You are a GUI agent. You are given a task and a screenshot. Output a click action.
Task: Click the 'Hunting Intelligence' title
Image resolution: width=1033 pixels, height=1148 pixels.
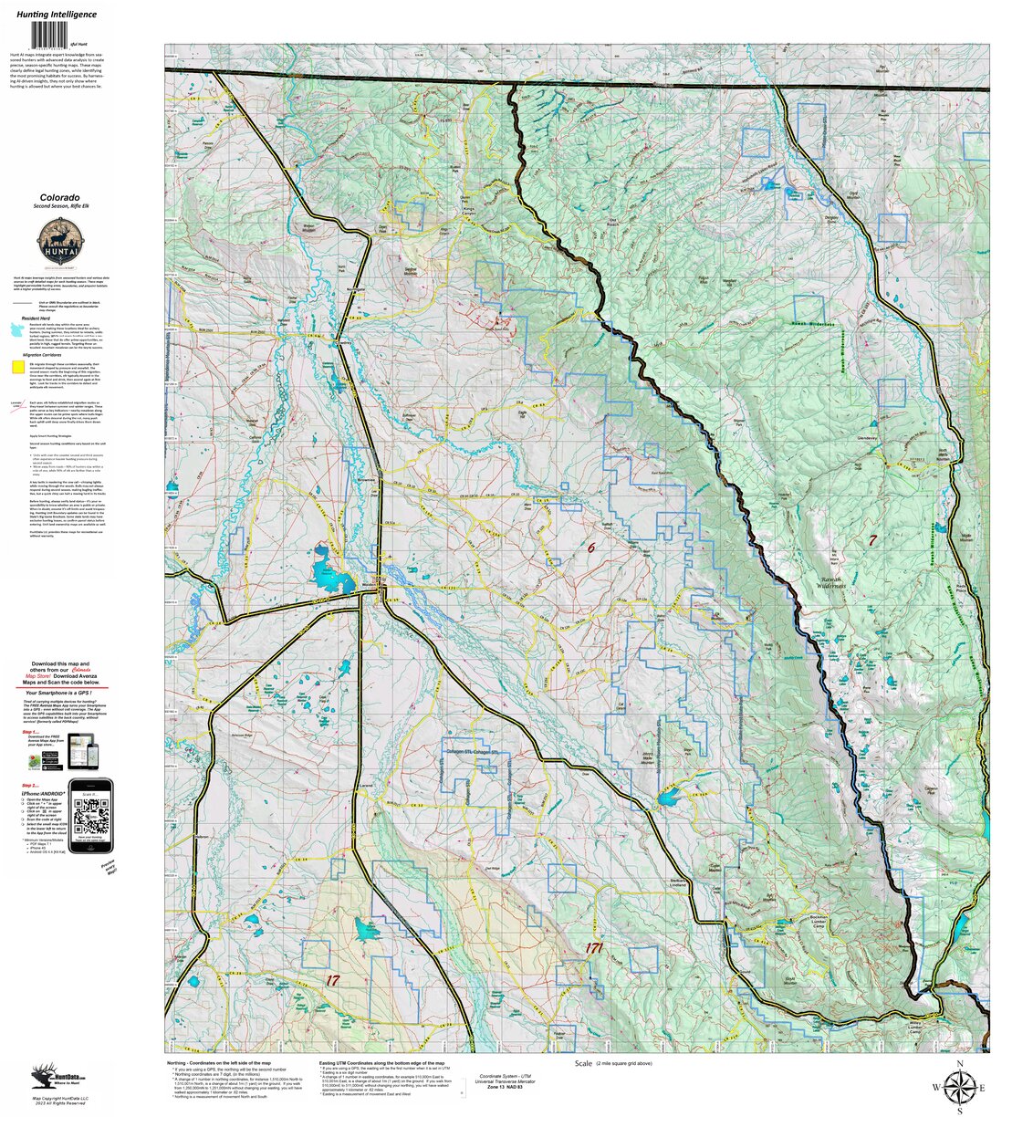pos(61,15)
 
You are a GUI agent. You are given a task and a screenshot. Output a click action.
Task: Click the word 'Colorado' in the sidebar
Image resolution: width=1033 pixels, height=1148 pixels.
pos(59,197)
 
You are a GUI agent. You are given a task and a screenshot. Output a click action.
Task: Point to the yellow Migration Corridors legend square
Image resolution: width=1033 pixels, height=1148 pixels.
pos(17,367)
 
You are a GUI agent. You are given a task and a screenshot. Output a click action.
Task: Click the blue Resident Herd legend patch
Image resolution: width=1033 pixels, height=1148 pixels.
pos(17,328)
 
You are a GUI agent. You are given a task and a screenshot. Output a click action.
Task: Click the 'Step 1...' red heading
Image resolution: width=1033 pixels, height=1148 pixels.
pos(30,731)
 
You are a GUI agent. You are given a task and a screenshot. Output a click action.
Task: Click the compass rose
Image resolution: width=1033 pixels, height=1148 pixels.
pos(959,1087)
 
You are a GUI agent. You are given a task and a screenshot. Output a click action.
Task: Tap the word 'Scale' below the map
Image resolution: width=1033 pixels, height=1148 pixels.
pos(583,1064)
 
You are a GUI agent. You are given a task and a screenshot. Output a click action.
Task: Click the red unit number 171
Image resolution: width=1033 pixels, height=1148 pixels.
pos(594,949)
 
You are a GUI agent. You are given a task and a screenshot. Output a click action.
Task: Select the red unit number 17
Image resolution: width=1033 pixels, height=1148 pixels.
pos(332,979)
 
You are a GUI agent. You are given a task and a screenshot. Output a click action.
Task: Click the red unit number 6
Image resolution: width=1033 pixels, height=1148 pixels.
pos(590,548)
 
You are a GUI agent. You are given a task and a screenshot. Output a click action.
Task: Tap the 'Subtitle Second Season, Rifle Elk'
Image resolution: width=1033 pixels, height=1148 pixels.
pos(59,208)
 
